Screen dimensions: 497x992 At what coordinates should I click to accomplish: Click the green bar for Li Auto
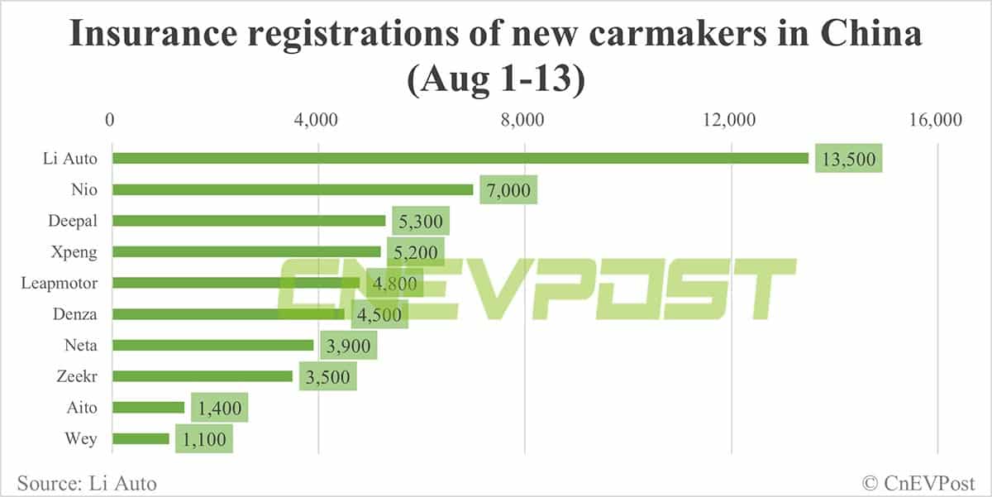click(460, 158)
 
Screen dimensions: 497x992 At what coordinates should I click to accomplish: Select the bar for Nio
click(293, 189)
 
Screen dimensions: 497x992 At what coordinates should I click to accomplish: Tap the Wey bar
click(141, 438)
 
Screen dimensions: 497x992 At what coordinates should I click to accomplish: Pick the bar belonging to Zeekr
click(203, 376)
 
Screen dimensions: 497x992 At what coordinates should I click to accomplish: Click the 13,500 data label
click(849, 158)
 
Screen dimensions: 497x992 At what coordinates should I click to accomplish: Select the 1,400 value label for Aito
click(219, 408)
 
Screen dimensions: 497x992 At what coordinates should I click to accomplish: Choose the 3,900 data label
click(349, 346)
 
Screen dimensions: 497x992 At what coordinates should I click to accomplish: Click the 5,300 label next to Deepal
click(420, 221)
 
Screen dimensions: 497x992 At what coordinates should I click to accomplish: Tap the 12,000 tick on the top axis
click(732, 121)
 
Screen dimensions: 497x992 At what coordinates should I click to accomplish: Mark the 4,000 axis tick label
click(317, 121)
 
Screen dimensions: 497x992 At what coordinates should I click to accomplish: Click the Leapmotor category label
click(60, 283)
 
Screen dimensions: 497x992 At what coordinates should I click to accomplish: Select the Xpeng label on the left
click(74, 251)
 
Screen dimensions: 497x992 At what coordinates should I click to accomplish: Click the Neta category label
click(80, 346)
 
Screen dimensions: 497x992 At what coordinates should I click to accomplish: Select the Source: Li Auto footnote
click(85, 481)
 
